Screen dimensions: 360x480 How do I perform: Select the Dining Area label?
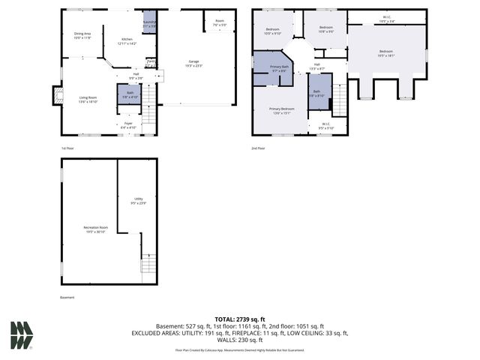(82, 34)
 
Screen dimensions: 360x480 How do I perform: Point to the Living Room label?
(88, 99)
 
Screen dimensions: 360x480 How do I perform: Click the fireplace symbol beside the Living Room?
(56, 95)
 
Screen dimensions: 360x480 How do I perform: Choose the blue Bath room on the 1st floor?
(125, 94)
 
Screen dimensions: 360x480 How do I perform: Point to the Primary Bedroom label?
(282, 111)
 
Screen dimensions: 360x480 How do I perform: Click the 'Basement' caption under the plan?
(68, 298)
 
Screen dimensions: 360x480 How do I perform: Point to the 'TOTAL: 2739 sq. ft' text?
(239, 319)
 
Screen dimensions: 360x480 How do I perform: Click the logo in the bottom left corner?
(21, 335)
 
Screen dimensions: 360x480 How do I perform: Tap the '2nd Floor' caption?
(259, 148)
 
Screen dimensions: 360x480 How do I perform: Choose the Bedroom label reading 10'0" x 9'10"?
(272, 31)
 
